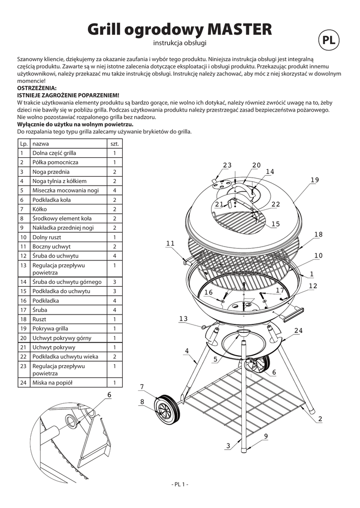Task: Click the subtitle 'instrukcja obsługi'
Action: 180,44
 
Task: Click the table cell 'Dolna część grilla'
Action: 54,153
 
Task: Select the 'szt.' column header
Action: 114,143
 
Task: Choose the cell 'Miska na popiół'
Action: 52,382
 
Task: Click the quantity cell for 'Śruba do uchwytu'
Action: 114,256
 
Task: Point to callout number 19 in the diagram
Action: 314,180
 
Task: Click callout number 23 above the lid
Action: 227,165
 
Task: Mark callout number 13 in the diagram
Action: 184,318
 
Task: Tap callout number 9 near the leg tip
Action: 266,436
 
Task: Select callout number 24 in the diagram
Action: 298,330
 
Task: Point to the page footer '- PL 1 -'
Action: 180,484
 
